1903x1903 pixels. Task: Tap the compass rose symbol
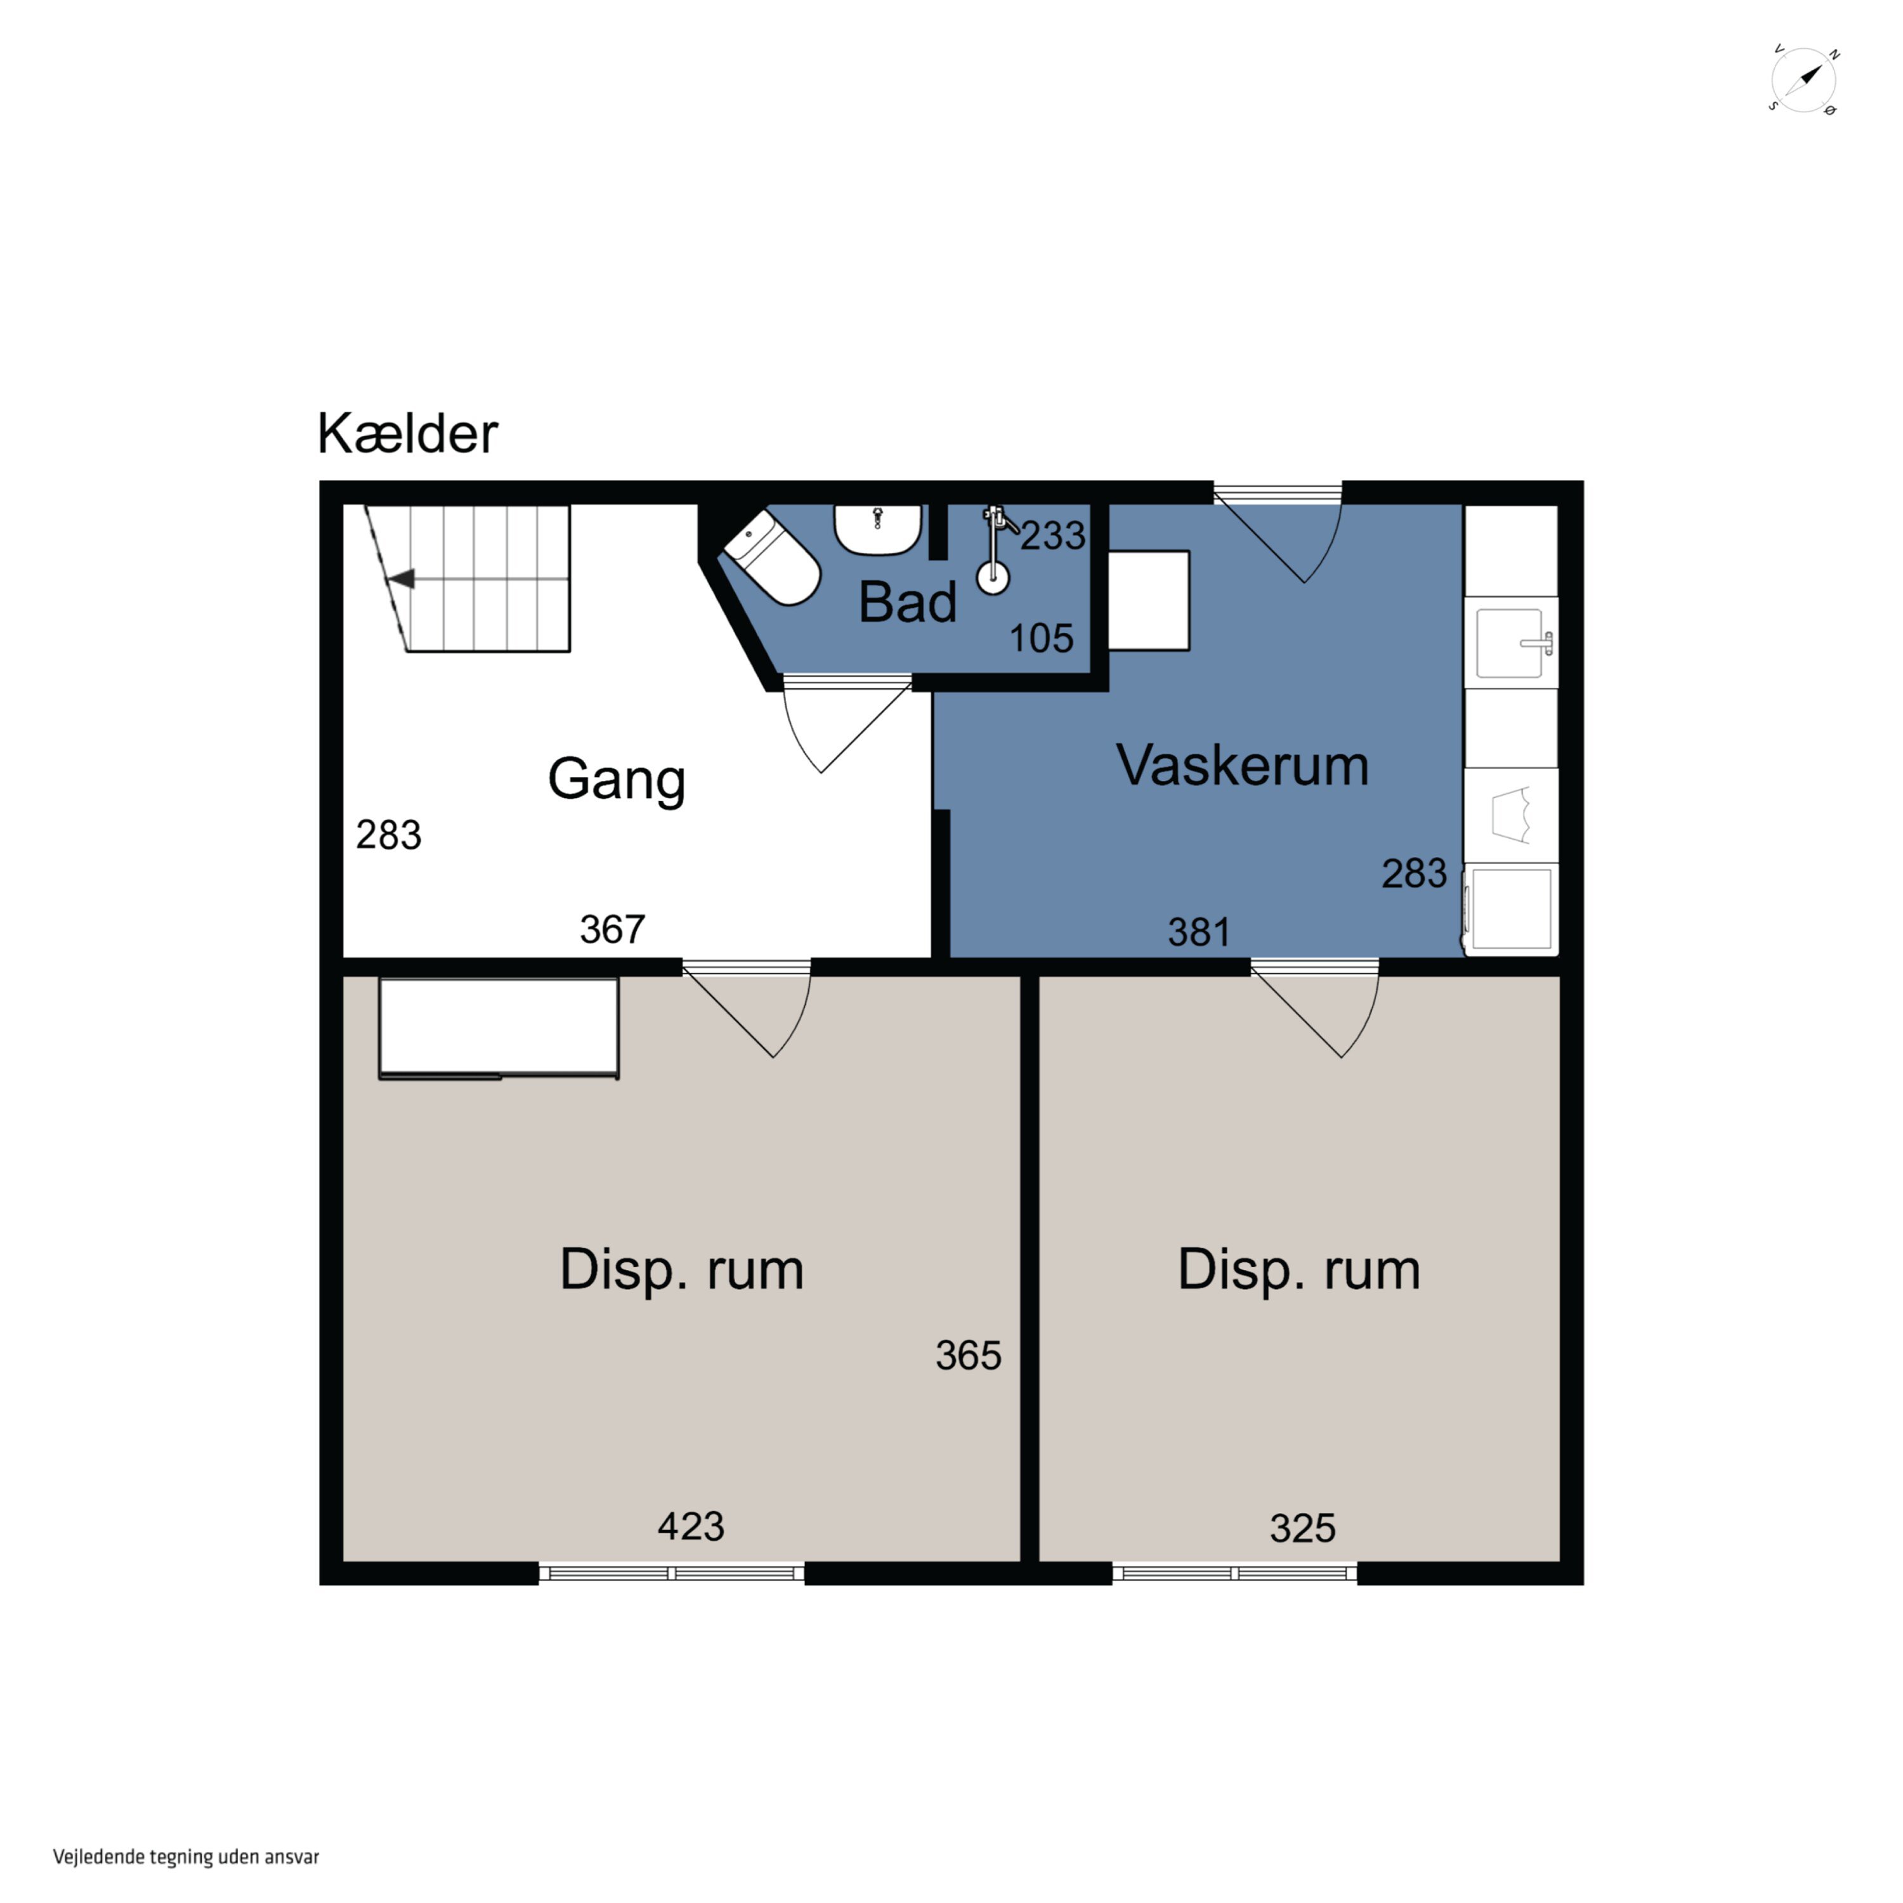click(x=1805, y=80)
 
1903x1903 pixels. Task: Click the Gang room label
click(x=617, y=781)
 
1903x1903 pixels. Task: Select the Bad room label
click(x=907, y=602)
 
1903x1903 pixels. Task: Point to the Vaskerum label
click(x=1242, y=766)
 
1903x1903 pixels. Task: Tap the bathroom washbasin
click(x=878, y=530)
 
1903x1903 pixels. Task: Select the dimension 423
click(x=691, y=1526)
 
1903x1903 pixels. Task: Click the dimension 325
click(x=1302, y=1527)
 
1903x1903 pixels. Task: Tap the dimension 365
click(x=968, y=1356)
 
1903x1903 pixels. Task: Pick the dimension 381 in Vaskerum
click(x=1199, y=932)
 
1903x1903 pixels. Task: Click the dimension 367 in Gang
click(x=611, y=929)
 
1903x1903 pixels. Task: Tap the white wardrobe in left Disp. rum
click(x=499, y=1028)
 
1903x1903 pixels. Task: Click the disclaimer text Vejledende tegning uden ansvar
click(x=186, y=1857)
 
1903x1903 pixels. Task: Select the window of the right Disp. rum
click(x=1235, y=1573)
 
